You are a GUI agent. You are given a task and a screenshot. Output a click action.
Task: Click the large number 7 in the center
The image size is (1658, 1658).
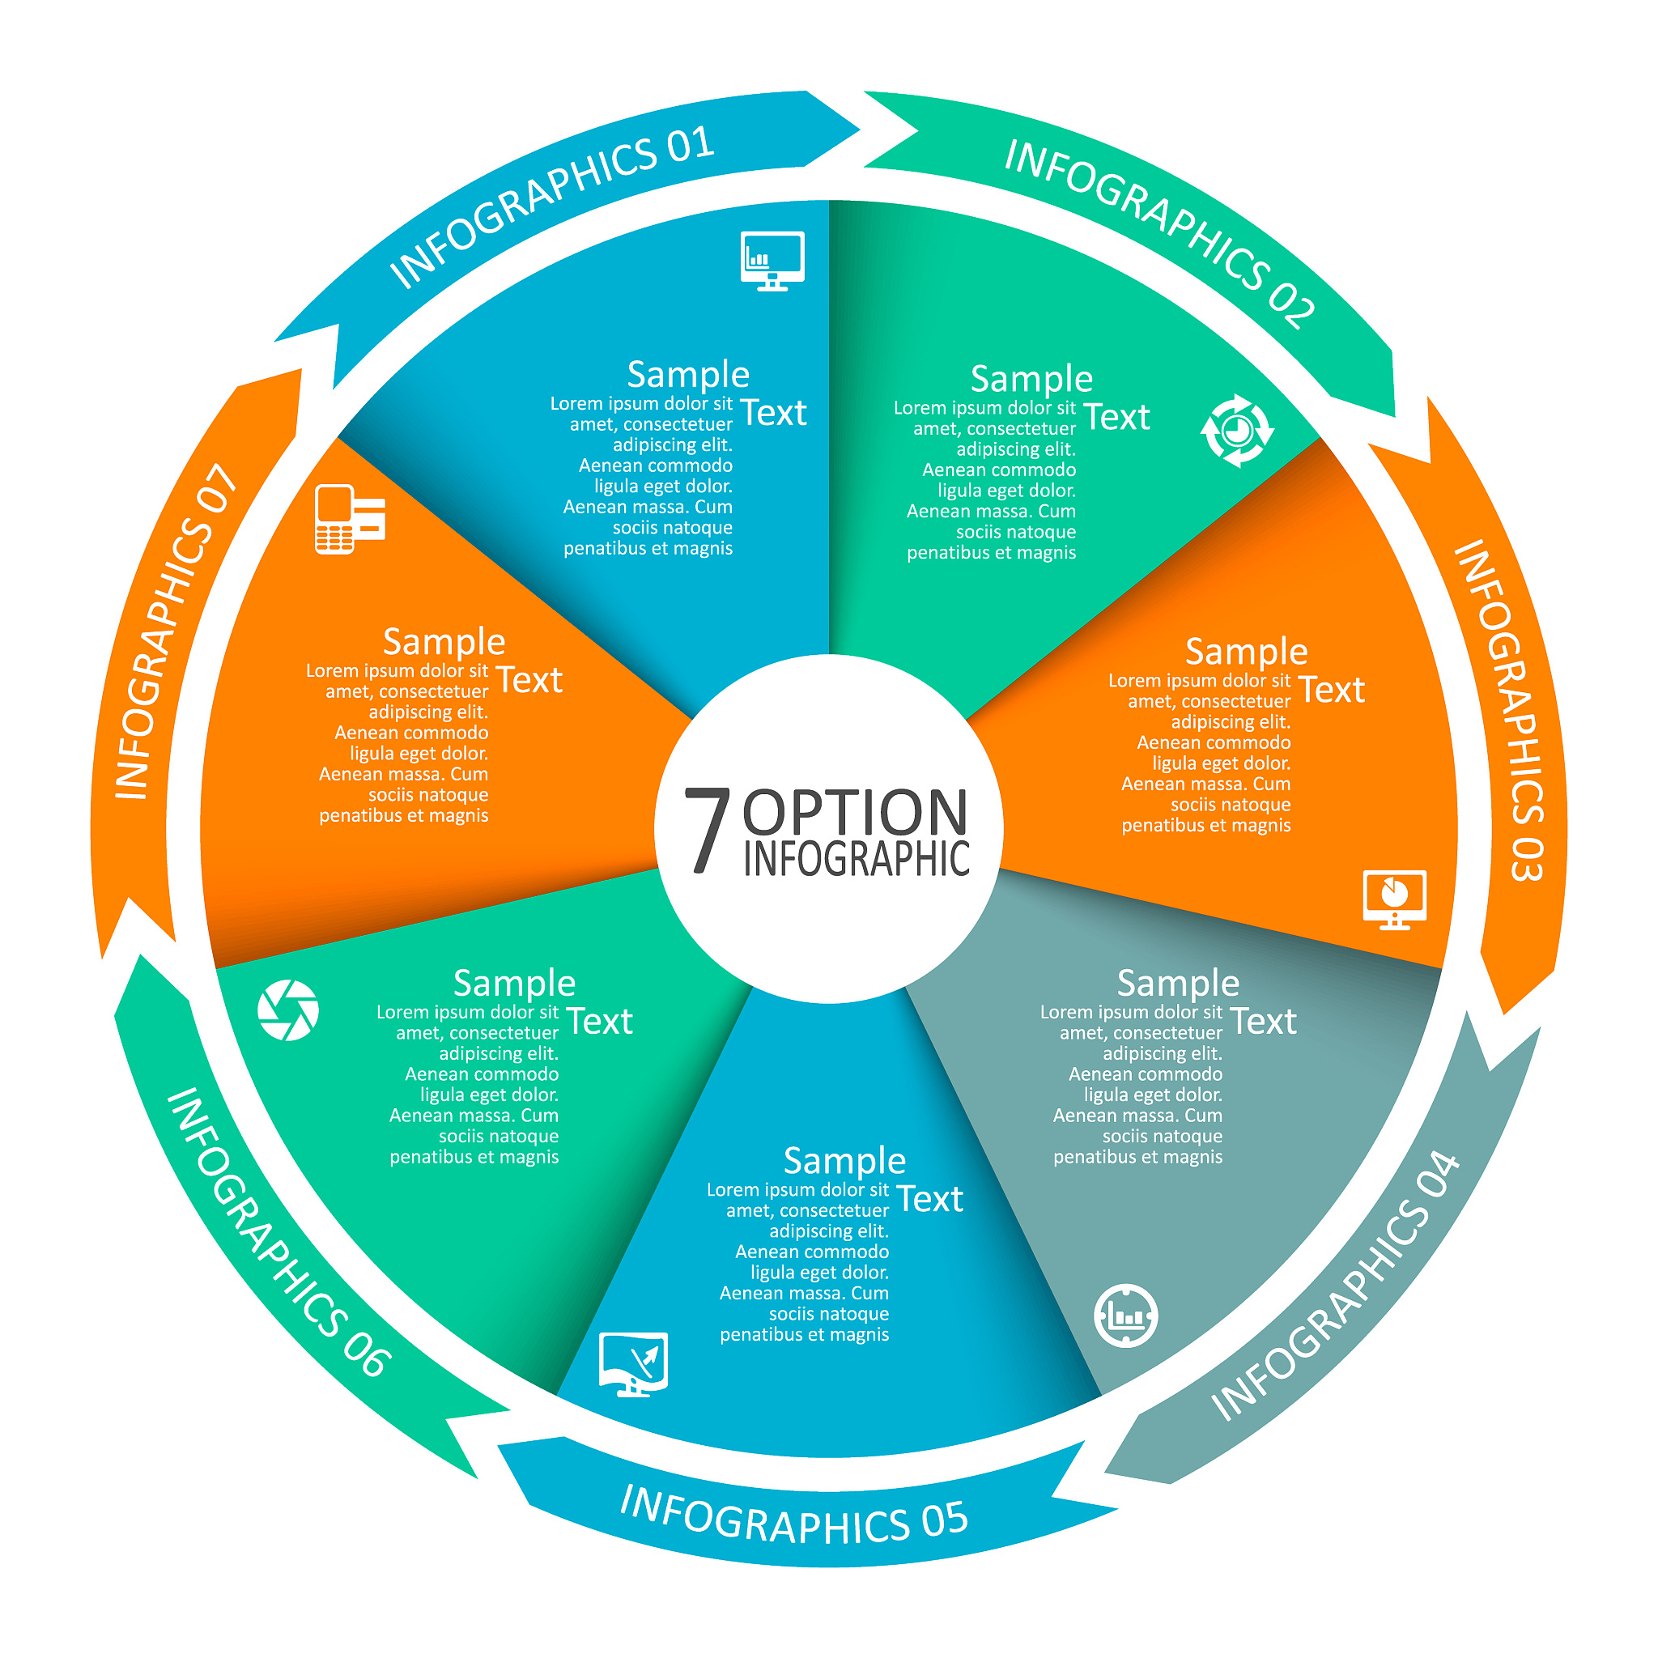point(706,830)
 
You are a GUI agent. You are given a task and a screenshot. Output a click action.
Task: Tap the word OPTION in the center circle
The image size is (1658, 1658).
point(855,812)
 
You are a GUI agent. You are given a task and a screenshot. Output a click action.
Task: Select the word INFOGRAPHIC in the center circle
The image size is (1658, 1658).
point(857,858)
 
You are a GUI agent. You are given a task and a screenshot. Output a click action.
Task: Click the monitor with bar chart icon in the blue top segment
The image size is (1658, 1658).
point(772,261)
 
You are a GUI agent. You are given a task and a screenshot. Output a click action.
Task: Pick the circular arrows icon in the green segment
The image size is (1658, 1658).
point(1237,430)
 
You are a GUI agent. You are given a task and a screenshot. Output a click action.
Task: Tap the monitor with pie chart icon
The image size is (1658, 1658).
point(1395,899)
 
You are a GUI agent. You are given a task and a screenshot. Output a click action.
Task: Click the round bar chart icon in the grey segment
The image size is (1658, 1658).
point(1126,1316)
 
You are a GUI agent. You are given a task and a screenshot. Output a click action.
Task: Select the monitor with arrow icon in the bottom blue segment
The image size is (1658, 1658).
point(633,1364)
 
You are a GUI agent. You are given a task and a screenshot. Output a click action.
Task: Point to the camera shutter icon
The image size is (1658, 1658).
point(288,1010)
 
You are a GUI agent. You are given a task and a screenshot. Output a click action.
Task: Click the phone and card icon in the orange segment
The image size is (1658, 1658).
point(350,519)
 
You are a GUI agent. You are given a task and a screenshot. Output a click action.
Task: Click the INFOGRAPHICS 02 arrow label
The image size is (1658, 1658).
point(1160,232)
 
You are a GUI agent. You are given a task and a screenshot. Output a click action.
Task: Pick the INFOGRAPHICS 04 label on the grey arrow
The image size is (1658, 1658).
point(1334,1285)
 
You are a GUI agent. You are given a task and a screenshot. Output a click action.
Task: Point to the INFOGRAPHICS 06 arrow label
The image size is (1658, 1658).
point(280,1232)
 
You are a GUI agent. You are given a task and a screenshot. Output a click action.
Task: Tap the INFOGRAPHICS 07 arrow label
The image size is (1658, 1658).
point(175,631)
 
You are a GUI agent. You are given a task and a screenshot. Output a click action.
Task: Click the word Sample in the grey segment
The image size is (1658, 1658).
point(1178,983)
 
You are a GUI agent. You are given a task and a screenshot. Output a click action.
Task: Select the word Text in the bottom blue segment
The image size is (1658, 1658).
point(929,1199)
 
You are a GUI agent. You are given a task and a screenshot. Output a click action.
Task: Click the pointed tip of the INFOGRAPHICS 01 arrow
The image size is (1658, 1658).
point(859,130)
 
